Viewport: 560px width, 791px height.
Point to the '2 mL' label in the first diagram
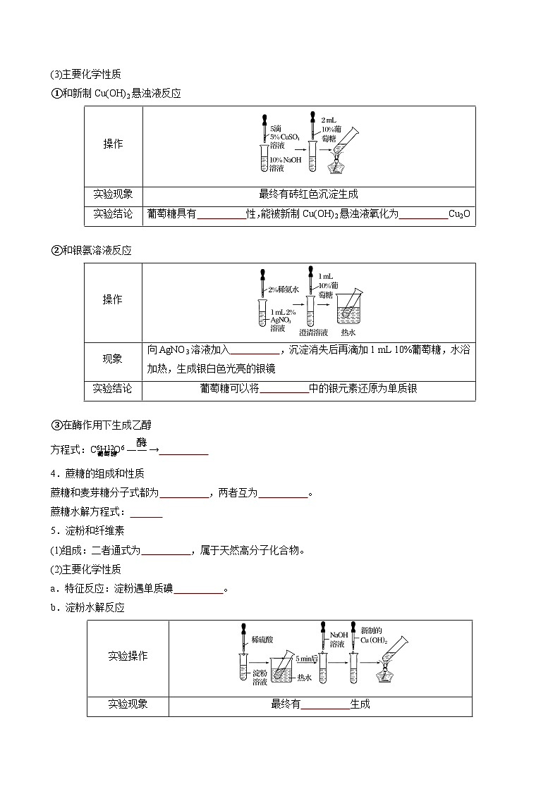click(x=329, y=120)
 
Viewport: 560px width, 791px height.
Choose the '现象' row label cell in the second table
click(x=113, y=359)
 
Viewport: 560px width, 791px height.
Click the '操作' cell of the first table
click(x=113, y=144)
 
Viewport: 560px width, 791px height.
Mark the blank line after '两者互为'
click(x=284, y=494)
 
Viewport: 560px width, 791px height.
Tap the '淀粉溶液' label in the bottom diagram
click(x=259, y=678)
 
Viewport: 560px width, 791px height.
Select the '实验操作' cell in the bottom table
click(x=128, y=656)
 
